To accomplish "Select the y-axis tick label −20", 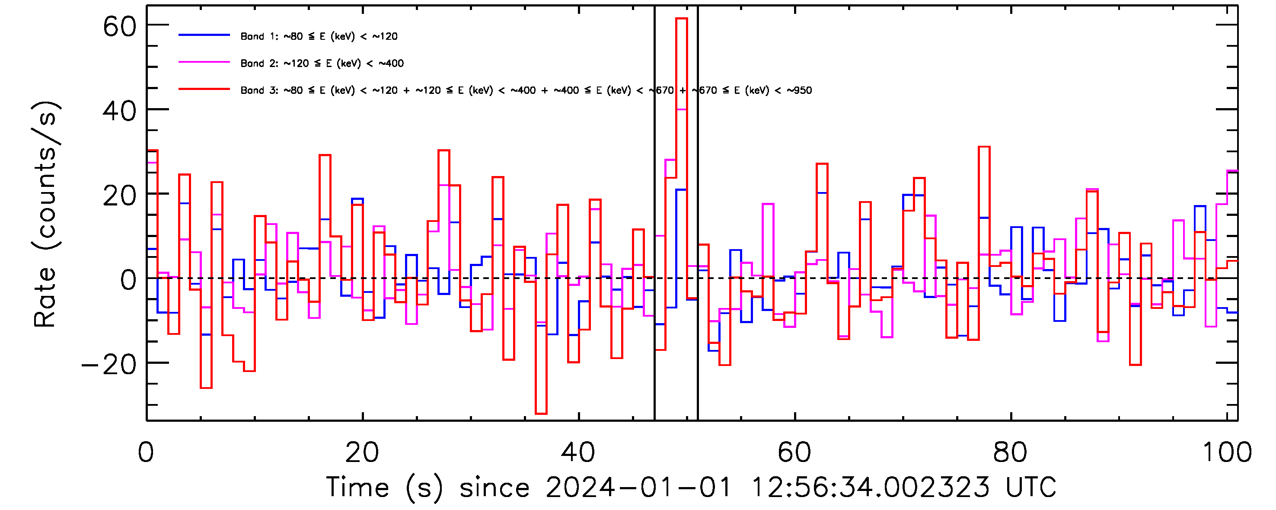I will (x=109, y=365).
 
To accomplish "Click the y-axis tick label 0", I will (x=128, y=281).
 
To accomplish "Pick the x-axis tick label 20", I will (x=362, y=452).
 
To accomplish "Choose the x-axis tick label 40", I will (x=578, y=452).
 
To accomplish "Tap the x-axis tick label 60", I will (x=794, y=452).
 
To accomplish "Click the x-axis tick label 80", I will (x=1010, y=452).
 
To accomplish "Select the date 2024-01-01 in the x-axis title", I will (x=638, y=487).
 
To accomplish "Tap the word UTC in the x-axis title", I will (x=1031, y=487).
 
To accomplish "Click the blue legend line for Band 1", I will (x=204, y=35).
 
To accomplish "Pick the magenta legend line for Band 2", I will (x=204, y=62).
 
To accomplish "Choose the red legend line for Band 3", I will (x=204, y=89).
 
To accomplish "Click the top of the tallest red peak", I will (x=682, y=19).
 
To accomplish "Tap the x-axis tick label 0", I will (x=146, y=452).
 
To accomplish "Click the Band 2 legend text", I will (x=322, y=64).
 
